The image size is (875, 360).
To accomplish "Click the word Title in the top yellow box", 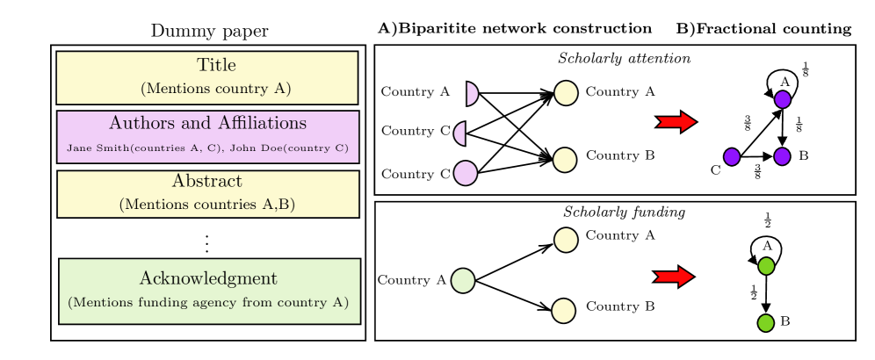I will pyautogui.click(x=216, y=66).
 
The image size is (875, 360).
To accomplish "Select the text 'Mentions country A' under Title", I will pyautogui.click(x=216, y=89).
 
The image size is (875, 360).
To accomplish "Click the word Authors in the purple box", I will pyautogui.click(x=141, y=123).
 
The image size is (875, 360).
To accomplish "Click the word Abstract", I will pyautogui.click(x=207, y=182).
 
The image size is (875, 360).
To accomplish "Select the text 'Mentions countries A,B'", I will pyautogui.click(x=207, y=205).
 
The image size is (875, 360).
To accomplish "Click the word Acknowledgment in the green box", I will pyautogui.click(x=208, y=279).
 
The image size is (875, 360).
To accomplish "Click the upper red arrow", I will pyautogui.click(x=676, y=122).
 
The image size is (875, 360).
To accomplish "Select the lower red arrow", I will pyautogui.click(x=674, y=277).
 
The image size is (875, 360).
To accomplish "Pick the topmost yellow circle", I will pyautogui.click(x=566, y=93).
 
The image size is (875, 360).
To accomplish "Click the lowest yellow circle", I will pyautogui.click(x=563, y=311).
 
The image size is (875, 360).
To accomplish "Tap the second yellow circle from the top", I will pyautogui.click(x=565, y=161).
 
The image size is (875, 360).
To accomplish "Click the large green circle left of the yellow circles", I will pyautogui.click(x=463, y=281).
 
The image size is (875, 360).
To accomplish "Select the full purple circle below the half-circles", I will pyautogui.click(x=466, y=173).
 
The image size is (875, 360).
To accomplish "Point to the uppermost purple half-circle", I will pyautogui.click(x=472, y=93).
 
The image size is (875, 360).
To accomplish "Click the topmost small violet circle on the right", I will pyautogui.click(x=783, y=99).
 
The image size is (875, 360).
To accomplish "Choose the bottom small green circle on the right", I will pyautogui.click(x=766, y=323).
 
